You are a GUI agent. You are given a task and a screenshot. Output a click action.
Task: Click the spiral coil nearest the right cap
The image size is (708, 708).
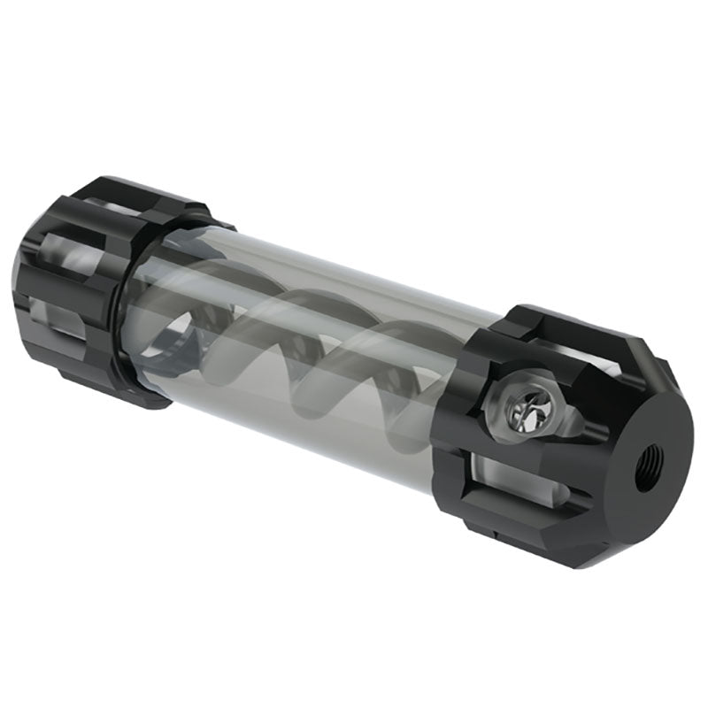coord(403,372)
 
